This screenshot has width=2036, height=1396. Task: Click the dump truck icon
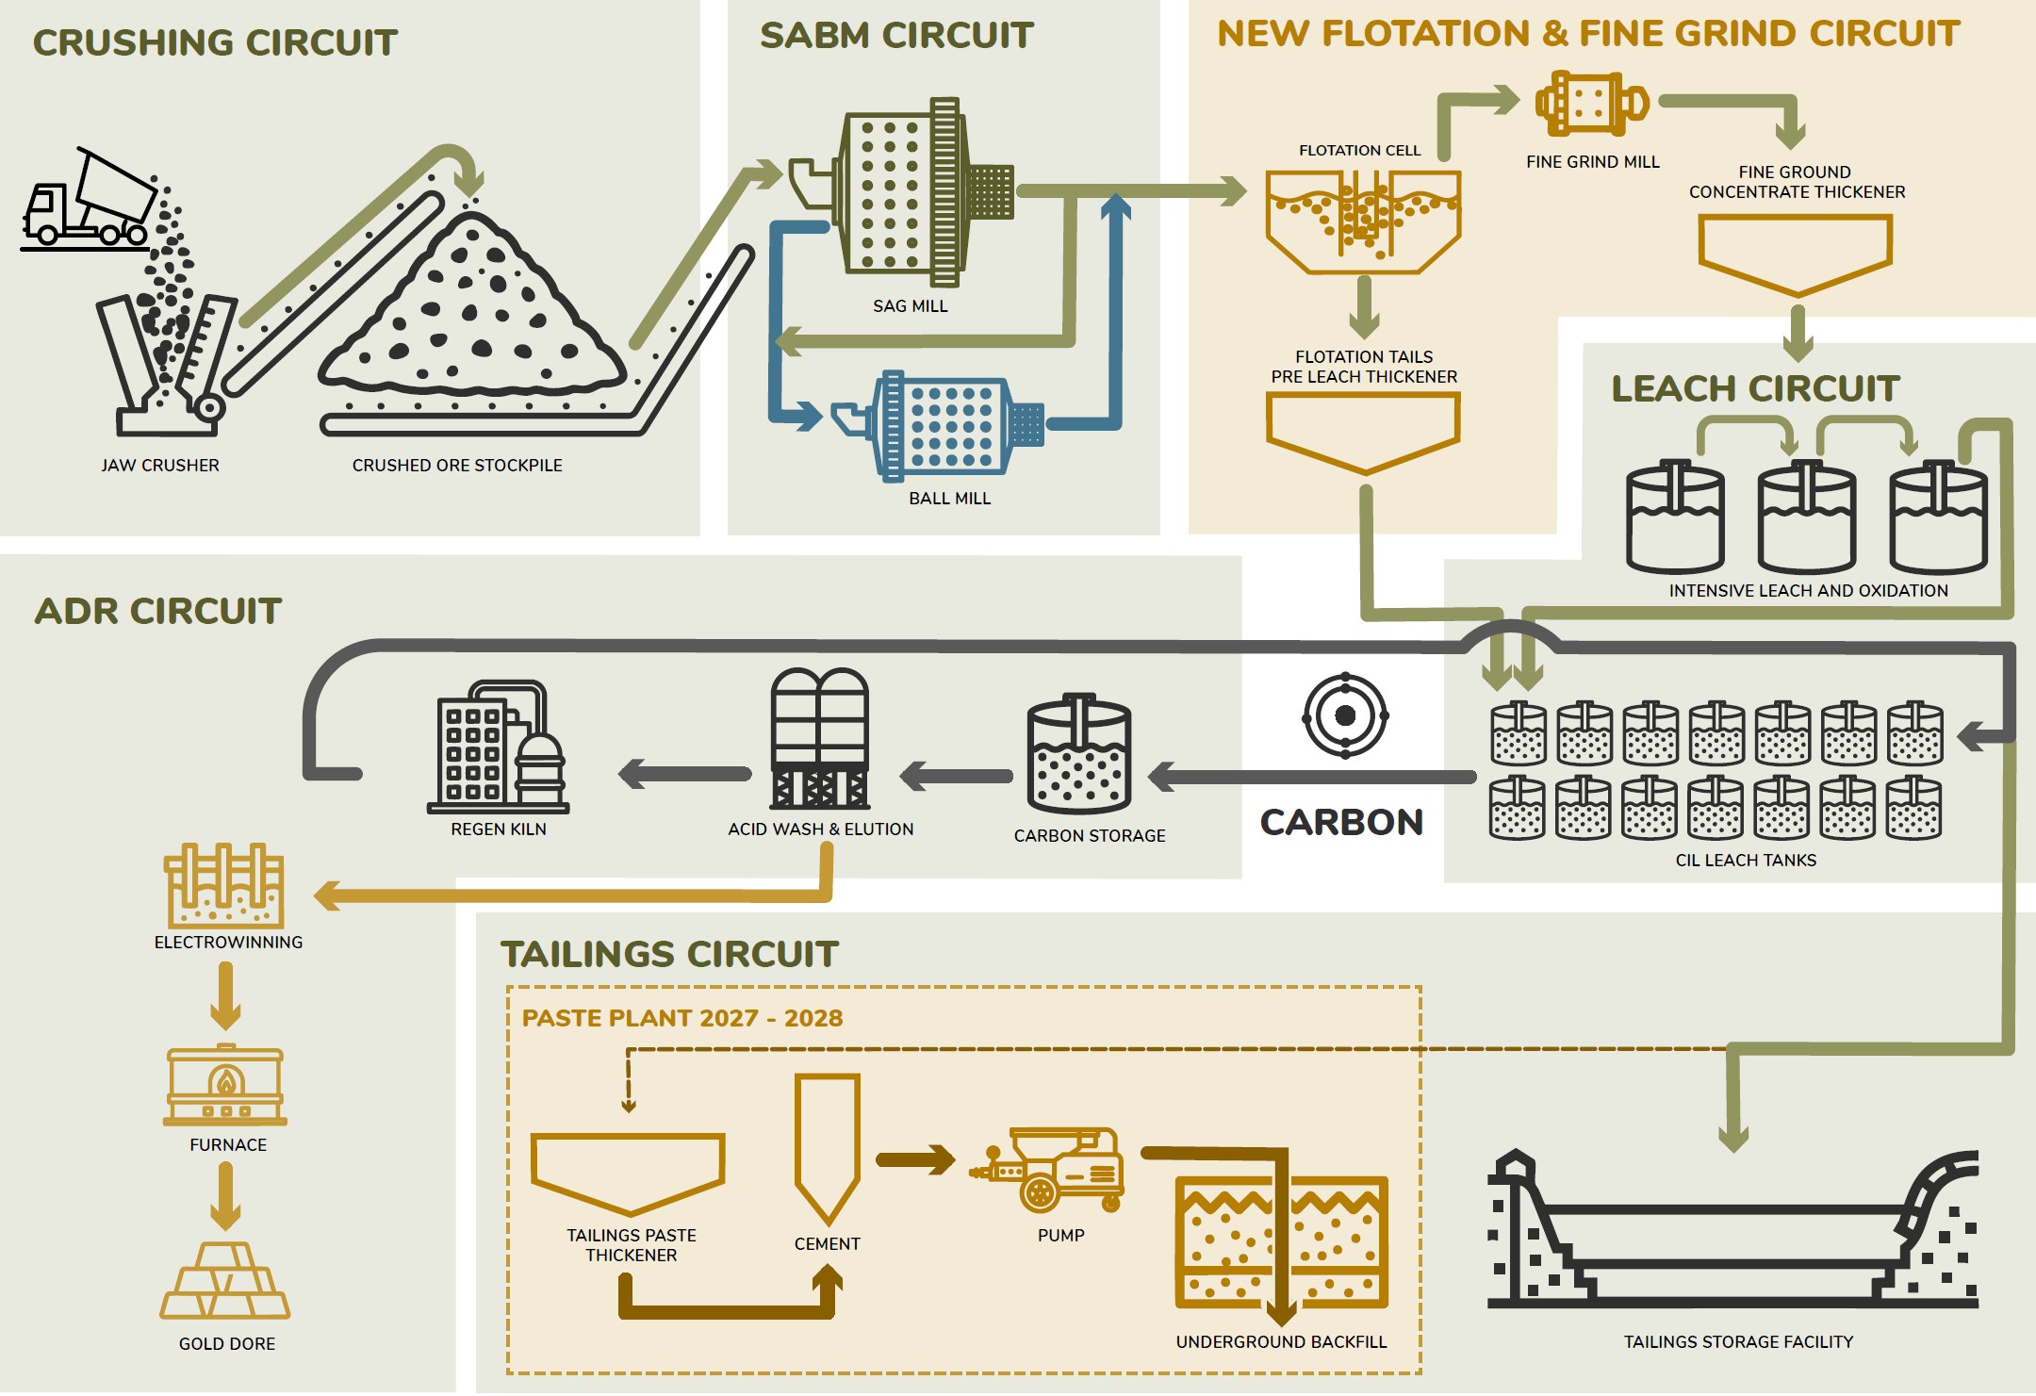[x=87, y=203]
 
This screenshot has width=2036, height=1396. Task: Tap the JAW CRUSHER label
[x=160, y=465]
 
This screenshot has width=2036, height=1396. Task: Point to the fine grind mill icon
[x=1591, y=104]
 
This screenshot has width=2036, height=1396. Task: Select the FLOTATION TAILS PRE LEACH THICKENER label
[x=1364, y=367]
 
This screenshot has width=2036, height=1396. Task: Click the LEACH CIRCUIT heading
[x=1755, y=388]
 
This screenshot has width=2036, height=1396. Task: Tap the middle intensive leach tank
[x=1806, y=518]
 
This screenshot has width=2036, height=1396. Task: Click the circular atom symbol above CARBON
[x=1345, y=715]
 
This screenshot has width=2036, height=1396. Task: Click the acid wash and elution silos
[x=819, y=740]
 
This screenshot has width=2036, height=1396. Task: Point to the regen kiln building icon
[x=498, y=749]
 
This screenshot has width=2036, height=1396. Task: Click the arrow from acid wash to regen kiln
[x=683, y=774]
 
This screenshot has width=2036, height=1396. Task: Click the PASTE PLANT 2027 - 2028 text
[x=682, y=1018]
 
